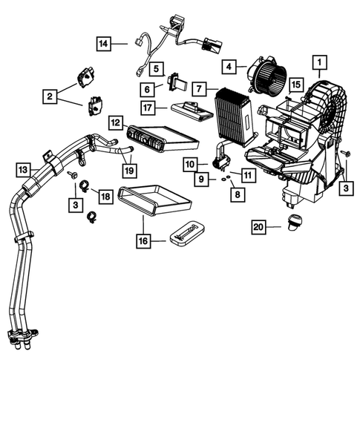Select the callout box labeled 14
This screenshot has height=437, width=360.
coord(104,44)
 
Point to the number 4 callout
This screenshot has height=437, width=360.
coord(229,66)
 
